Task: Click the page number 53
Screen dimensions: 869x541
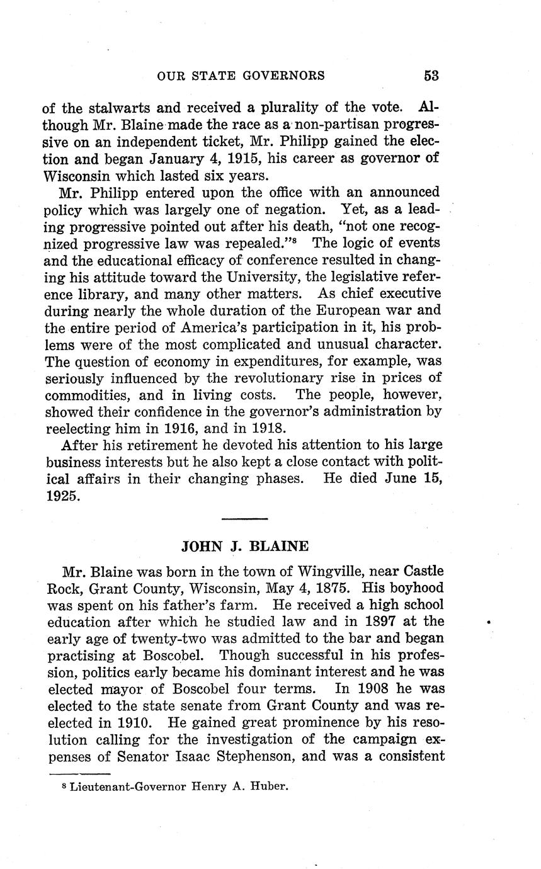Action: [x=431, y=76]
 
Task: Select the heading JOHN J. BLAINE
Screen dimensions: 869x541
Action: [x=244, y=546]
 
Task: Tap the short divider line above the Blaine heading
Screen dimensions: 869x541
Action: [x=245, y=519]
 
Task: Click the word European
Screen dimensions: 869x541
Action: [x=343, y=310]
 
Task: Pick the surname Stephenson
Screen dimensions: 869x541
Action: [x=254, y=756]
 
